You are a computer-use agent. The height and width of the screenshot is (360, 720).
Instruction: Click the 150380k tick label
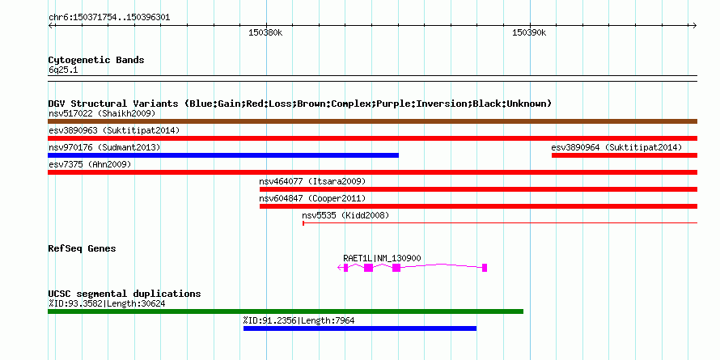265,32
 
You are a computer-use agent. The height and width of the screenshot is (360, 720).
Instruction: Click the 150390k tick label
529,32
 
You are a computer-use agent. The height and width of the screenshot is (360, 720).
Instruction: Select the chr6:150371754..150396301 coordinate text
109,18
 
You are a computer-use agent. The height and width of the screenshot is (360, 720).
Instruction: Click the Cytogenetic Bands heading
96,60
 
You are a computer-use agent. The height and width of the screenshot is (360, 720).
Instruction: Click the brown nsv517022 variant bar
372,121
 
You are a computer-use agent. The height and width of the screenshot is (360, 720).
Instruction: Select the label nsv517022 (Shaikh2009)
102,113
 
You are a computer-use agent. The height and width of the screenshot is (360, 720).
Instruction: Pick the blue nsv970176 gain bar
223,155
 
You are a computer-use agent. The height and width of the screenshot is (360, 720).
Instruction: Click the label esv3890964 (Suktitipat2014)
616,147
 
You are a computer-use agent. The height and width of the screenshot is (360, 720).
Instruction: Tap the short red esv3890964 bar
625,155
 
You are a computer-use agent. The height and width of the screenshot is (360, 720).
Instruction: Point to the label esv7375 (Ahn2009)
90,164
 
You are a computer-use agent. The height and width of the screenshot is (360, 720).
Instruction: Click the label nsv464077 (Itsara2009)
312,181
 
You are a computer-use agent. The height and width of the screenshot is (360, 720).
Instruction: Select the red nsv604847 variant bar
478,206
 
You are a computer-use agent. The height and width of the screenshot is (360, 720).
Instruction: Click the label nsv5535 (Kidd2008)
345,215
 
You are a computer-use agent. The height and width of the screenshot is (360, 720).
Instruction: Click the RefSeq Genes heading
83,249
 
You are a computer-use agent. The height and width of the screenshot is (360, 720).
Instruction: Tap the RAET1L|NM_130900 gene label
382,259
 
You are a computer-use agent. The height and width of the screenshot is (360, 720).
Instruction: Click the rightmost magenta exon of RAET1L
485,268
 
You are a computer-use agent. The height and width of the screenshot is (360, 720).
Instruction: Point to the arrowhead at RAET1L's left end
340,268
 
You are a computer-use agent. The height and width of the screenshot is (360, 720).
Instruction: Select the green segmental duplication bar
286,311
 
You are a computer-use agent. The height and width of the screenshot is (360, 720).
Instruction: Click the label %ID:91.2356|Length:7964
299,320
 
